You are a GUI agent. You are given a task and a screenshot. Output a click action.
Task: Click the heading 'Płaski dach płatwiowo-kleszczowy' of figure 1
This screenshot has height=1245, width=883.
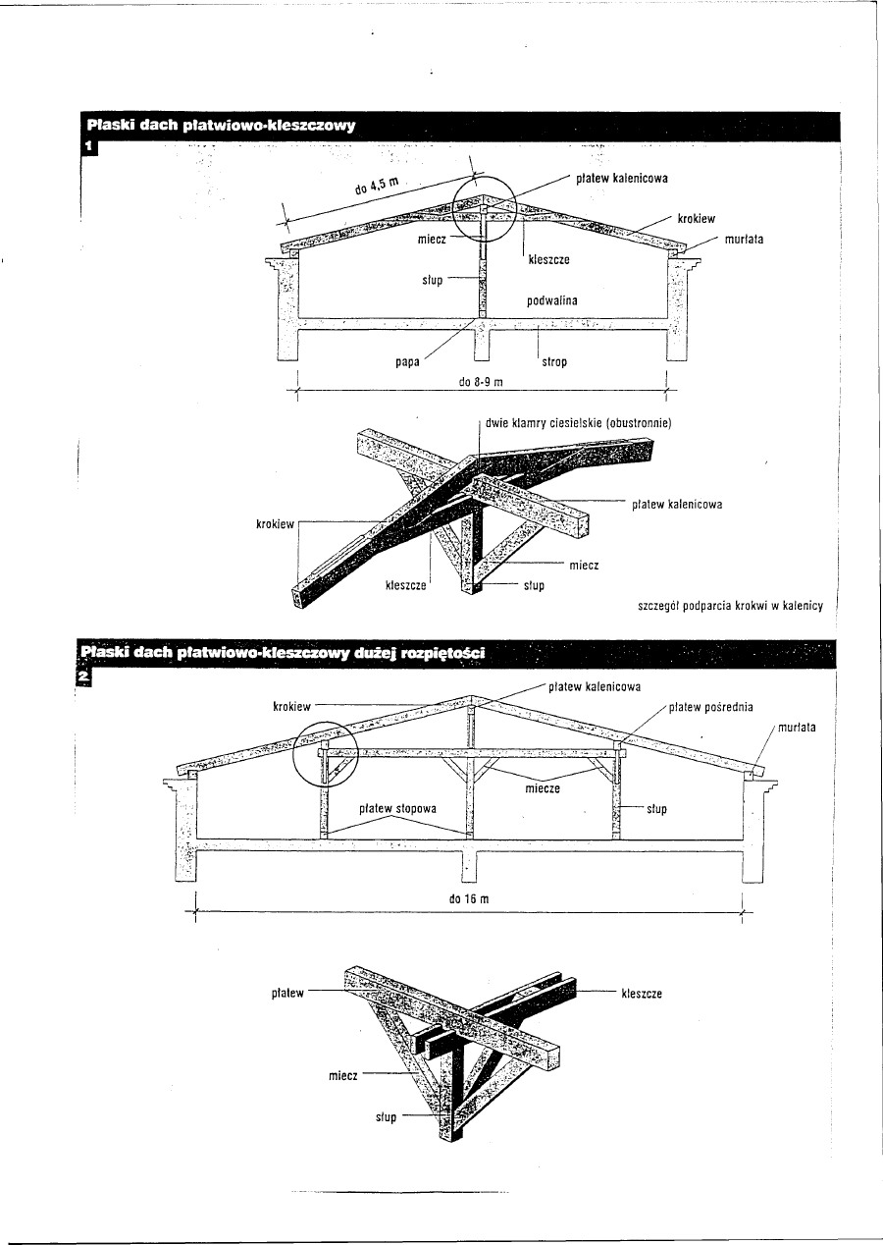pos(220,126)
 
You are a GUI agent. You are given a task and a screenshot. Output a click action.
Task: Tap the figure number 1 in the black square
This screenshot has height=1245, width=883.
pos(88,147)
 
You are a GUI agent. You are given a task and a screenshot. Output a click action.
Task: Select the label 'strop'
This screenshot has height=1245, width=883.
pos(554,362)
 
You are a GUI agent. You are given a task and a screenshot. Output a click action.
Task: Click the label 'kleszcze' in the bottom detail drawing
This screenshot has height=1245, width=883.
pos(642,993)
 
